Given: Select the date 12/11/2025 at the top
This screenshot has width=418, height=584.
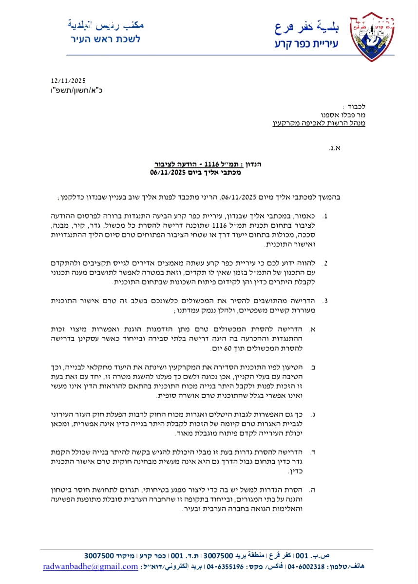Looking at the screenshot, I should pyautogui.click(x=68, y=81).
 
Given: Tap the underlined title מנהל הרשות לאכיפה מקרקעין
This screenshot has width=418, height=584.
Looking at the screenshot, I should pyautogui.click(x=319, y=124).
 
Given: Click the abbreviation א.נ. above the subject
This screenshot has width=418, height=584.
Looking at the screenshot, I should pyautogui.click(x=334, y=146).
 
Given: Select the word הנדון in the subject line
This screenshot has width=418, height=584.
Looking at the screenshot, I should pyautogui.click(x=252, y=165).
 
